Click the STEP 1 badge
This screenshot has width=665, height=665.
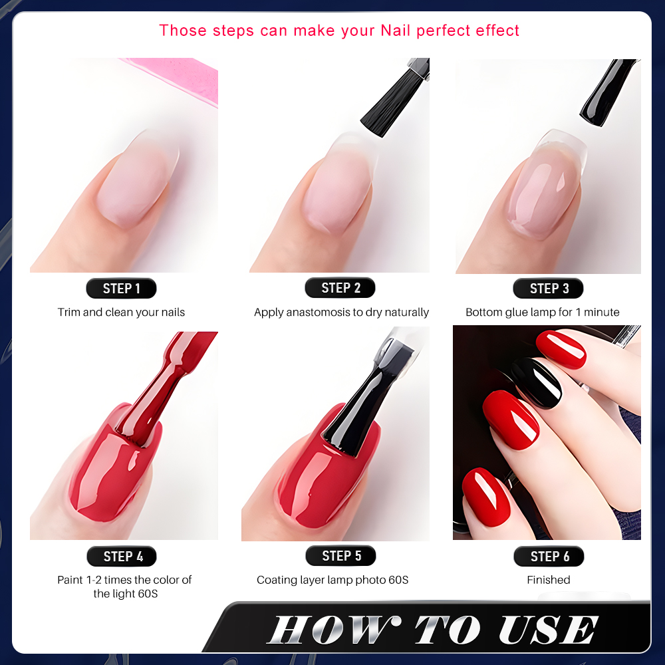(x=121, y=289)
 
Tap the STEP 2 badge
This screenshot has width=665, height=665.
(x=340, y=287)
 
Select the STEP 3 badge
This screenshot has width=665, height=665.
(x=549, y=289)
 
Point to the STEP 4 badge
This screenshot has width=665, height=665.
(x=122, y=556)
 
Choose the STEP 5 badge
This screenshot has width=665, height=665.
(x=340, y=555)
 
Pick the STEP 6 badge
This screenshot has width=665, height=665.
(x=549, y=556)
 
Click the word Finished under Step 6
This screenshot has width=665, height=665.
(x=549, y=580)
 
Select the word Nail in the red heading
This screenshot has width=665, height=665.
(x=396, y=31)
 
